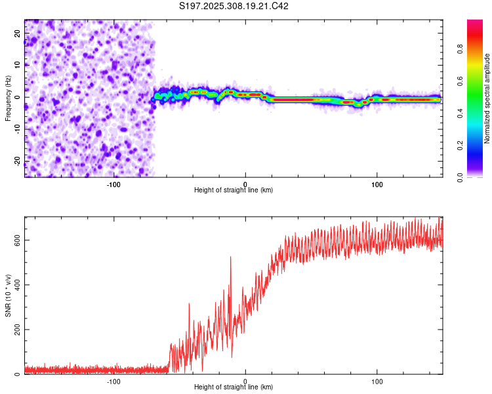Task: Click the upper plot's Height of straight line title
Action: point(234,190)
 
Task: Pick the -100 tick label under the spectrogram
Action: point(113,183)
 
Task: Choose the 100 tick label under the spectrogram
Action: point(377,183)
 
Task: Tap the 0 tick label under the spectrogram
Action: point(245,183)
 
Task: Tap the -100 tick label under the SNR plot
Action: point(113,380)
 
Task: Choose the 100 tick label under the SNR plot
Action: point(377,380)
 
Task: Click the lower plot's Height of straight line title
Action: point(234,387)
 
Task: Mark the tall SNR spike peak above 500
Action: point(231,257)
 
